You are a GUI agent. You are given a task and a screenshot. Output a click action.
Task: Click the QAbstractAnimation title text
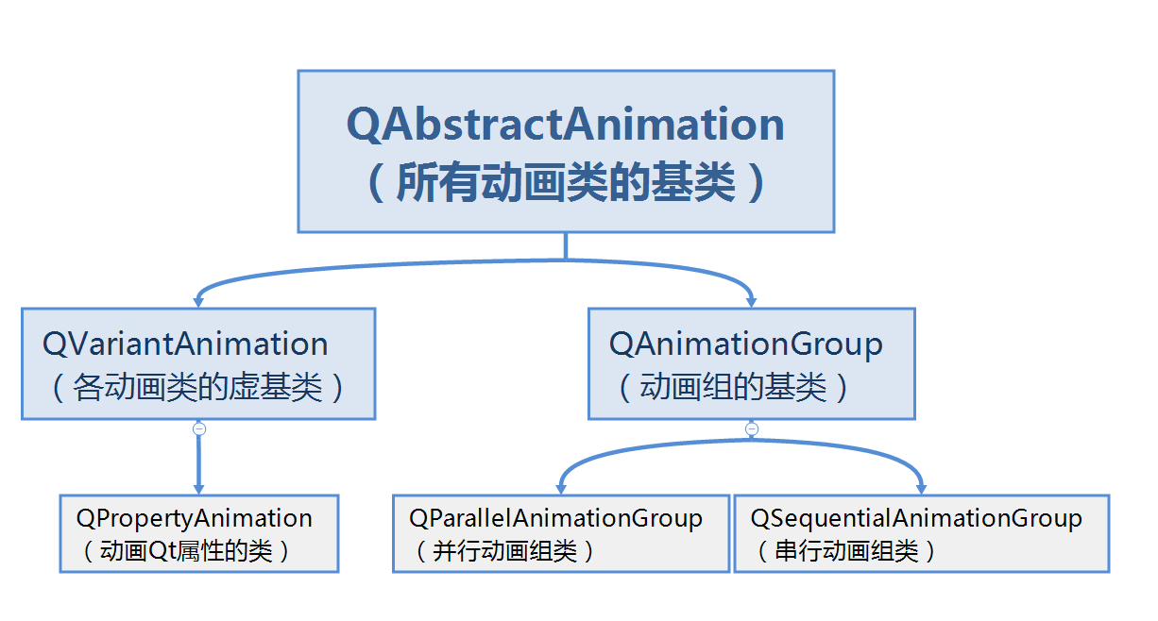pyautogui.click(x=565, y=125)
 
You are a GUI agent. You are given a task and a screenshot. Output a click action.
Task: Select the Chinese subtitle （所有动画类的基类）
pyautogui.click(x=565, y=182)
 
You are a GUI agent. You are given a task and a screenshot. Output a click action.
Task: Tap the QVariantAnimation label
pyautogui.click(x=185, y=344)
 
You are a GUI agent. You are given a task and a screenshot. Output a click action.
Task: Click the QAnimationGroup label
pyautogui.click(x=745, y=344)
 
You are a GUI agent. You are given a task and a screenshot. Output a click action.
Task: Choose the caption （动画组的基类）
pyautogui.click(x=734, y=387)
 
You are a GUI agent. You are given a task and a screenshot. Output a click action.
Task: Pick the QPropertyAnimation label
pyautogui.click(x=194, y=517)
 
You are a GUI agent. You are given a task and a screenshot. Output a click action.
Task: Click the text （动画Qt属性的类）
pyautogui.click(x=186, y=550)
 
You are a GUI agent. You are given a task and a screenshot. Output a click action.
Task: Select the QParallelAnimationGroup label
pyautogui.click(x=555, y=517)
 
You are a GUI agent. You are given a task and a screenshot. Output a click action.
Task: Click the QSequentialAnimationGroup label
pyautogui.click(x=916, y=517)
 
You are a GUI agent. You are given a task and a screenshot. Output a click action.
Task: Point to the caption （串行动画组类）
pyautogui.click(x=846, y=550)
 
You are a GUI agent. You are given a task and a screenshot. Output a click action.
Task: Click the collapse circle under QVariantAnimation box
pyautogui.click(x=199, y=428)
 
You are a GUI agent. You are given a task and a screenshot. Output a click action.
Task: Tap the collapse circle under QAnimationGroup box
pyautogui.click(x=752, y=428)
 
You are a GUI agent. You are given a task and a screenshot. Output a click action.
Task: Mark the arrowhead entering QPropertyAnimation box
pyautogui.click(x=199, y=489)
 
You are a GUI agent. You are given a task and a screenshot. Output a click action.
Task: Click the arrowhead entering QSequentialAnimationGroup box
pyautogui.click(x=922, y=489)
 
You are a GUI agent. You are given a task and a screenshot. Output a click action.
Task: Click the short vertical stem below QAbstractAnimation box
pyautogui.click(x=565, y=245)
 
